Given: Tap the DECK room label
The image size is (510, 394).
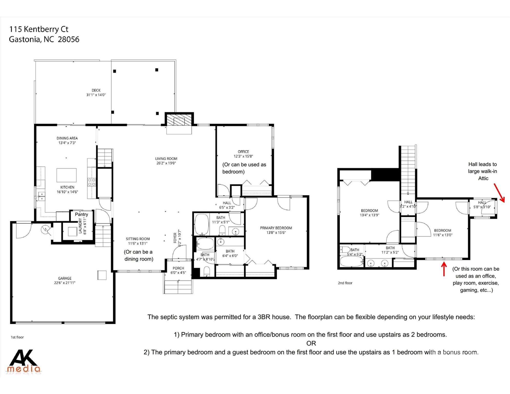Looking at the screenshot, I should (96, 90).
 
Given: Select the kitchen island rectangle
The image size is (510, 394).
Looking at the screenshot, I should (66, 175).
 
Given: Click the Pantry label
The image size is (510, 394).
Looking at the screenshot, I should (81, 214).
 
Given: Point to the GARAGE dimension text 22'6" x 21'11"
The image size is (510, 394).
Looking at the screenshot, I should (65, 283).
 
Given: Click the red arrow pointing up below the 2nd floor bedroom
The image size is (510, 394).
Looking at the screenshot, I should (444, 269).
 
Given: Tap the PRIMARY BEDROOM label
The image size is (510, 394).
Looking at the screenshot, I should (276, 228).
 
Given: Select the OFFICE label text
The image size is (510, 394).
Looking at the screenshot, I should (243, 152).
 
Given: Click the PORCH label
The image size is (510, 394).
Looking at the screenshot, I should (178, 268).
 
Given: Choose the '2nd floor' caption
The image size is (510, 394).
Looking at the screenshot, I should (345, 283).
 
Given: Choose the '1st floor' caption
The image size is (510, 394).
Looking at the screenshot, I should (17, 337).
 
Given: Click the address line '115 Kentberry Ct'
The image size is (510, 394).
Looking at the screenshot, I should (39, 29).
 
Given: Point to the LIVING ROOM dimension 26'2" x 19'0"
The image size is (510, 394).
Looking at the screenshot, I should (166, 163).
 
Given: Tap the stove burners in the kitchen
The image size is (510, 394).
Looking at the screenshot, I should (92, 182).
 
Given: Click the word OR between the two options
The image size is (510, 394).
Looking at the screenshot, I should (311, 343).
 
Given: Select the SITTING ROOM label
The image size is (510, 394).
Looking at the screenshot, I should (138, 239).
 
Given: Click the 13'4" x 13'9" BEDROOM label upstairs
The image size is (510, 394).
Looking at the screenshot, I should (369, 211).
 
